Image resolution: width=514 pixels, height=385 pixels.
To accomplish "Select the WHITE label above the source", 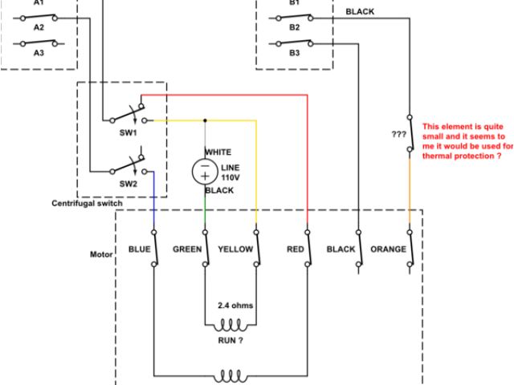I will point(218,152).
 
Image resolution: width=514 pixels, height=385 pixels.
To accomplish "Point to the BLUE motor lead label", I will point(140,249).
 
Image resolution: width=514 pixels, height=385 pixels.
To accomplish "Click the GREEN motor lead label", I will point(187,249).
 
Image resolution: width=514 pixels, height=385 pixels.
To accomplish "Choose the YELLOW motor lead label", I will point(236,249).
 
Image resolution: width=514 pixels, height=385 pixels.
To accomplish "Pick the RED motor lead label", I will point(295,249).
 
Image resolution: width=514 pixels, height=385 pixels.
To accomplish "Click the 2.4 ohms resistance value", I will point(234,306).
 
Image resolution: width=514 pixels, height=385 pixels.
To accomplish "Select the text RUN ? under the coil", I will point(231,340).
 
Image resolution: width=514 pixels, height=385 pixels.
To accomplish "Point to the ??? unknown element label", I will point(398,134).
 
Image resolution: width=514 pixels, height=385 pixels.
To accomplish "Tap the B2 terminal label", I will point(294,27).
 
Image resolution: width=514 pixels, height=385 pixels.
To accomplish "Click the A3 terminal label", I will point(39,52).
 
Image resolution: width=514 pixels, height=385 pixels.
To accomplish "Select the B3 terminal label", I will point(294,52).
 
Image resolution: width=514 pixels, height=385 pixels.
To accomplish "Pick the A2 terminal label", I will point(39,27).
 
